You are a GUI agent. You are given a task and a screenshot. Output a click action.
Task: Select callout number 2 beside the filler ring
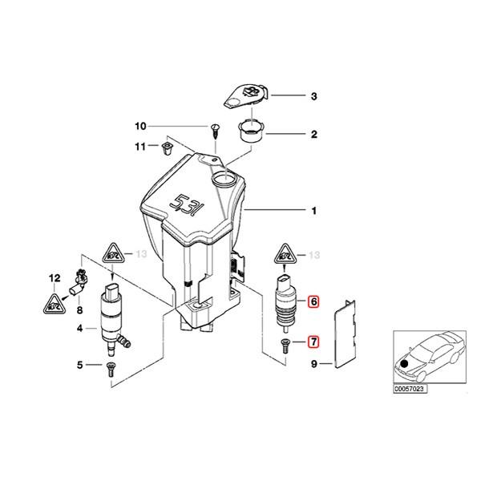(314, 134)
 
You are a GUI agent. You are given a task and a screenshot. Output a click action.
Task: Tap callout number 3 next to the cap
(314, 97)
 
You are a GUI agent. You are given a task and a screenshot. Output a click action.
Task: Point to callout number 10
(141, 127)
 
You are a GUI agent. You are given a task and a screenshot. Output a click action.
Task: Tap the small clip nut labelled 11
(167, 148)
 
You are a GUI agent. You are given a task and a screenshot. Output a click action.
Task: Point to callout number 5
(80, 366)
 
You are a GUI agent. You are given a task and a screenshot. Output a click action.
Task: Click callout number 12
(55, 278)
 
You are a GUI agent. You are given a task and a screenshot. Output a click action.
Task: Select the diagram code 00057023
(410, 389)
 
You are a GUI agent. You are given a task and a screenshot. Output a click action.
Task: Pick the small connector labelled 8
(79, 281)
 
